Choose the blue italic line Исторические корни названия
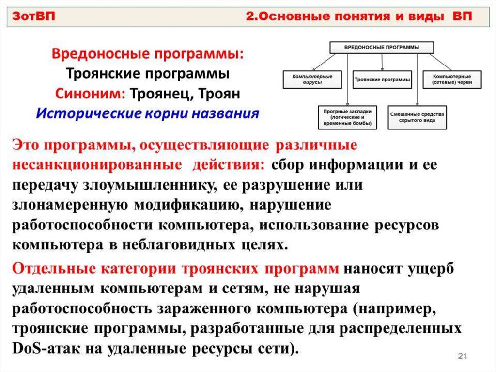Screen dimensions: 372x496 point(148,113)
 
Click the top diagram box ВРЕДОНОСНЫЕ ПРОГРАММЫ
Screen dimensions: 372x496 point(382,47)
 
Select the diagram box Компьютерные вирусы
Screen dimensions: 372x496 point(312,80)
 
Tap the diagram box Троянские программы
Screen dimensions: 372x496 point(382,79)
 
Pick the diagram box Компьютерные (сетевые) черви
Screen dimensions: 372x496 point(452,80)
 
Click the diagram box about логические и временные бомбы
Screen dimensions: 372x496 point(347,117)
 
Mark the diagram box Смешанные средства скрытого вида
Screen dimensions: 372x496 point(417,117)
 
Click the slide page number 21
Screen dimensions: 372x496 point(462,357)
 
